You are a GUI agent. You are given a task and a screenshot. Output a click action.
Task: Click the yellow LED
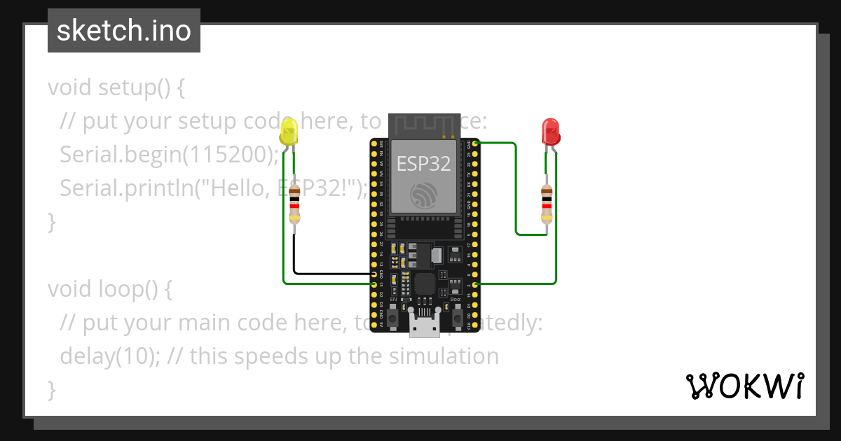[288, 132]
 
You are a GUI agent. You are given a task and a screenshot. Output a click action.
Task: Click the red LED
[550, 131]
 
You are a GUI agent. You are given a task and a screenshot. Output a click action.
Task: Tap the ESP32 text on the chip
[423, 163]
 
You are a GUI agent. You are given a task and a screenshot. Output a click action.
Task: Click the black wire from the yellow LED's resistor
[329, 273]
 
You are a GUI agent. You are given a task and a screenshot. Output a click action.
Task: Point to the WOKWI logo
[744, 386]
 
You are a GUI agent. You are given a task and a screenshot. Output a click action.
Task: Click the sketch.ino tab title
[124, 31]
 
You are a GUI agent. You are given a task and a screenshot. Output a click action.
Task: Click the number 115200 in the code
[224, 155]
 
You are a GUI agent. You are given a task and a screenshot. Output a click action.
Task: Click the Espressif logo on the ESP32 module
[423, 195]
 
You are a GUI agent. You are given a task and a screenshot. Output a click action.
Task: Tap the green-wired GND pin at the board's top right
[476, 143]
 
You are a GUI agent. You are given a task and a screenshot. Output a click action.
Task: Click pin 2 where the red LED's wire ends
[476, 284]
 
